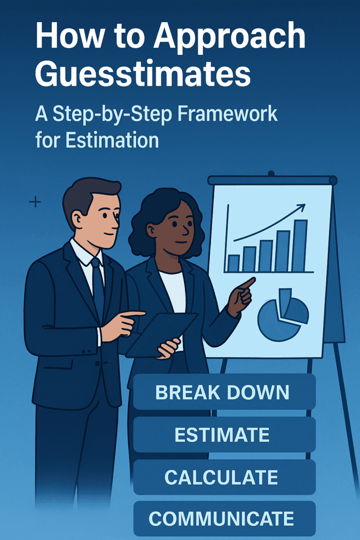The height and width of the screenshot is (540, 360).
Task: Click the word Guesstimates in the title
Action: pos(143,73)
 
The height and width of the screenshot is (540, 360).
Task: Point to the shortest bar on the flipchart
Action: pos(233,263)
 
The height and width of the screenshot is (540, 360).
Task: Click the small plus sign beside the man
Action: pos(35,201)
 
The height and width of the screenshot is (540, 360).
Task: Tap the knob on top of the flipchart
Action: pos(271,173)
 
